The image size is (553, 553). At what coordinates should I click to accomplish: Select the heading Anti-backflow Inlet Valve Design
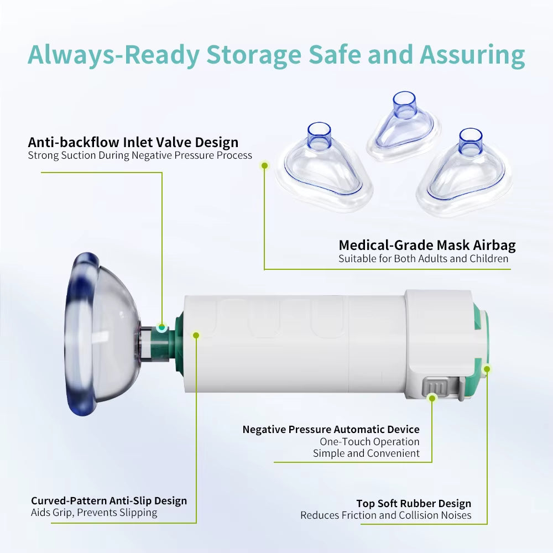pyautogui.click(x=133, y=142)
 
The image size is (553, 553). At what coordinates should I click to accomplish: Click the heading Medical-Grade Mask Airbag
pyautogui.click(x=427, y=245)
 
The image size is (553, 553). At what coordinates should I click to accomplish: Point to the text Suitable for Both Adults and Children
pyautogui.click(x=424, y=258)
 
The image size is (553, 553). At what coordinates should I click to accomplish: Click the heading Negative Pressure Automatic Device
pyautogui.click(x=331, y=429)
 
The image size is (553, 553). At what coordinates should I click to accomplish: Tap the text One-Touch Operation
pyautogui.click(x=369, y=441)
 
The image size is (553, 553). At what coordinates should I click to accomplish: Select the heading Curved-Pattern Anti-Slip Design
pyautogui.click(x=109, y=500)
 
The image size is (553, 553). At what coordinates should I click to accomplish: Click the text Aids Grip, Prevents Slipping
pyautogui.click(x=94, y=513)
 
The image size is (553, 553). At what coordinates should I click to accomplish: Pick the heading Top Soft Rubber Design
pyautogui.click(x=414, y=503)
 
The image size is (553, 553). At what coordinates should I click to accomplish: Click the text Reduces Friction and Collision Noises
pyautogui.click(x=385, y=515)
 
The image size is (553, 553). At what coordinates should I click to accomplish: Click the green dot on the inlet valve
pyautogui.click(x=161, y=328)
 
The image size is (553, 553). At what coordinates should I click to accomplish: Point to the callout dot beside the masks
pyautogui.click(x=264, y=164)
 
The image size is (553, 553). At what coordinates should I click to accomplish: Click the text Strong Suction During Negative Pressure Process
pyautogui.click(x=140, y=155)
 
